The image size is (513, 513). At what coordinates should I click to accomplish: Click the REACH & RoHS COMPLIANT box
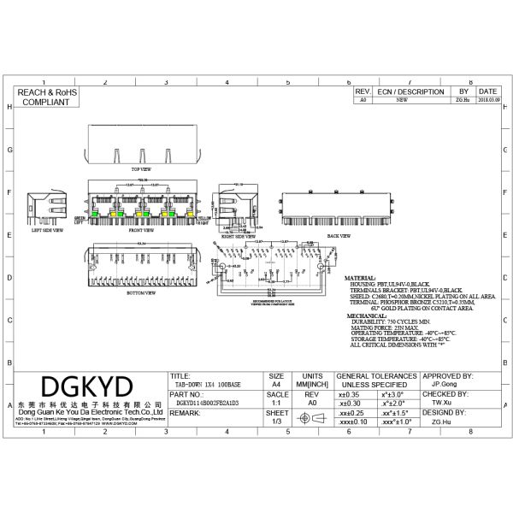point(44,96)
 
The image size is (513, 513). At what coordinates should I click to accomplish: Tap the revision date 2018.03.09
point(488,100)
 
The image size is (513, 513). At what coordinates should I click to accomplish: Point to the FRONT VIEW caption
point(142,230)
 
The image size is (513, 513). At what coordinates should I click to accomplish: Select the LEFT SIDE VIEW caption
point(48,230)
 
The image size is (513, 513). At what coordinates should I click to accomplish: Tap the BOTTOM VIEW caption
point(142,292)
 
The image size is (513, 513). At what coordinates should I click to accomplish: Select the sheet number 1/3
point(275,422)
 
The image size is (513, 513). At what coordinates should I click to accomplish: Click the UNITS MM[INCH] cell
point(312,380)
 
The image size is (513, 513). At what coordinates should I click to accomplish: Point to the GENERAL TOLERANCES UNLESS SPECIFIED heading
point(377,380)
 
